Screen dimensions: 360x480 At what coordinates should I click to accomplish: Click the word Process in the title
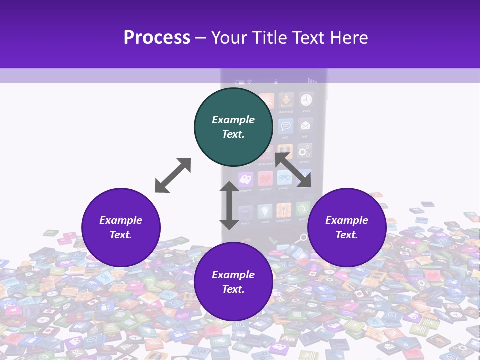157,38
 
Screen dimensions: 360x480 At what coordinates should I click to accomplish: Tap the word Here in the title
349,38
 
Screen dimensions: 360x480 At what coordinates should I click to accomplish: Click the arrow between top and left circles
173,175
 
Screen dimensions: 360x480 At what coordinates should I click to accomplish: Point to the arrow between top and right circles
293,170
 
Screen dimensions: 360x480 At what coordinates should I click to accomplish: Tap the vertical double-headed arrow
229,205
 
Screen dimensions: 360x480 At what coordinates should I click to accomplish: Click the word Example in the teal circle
233,120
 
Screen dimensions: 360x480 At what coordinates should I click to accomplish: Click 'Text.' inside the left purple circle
121,235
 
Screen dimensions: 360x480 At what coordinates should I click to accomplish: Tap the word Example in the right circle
347,220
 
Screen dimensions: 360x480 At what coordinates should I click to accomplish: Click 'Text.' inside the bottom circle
233,289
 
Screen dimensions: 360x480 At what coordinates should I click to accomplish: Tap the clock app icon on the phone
306,99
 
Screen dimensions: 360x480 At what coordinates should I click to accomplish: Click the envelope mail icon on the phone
305,125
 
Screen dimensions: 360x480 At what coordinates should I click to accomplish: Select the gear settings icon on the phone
303,151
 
